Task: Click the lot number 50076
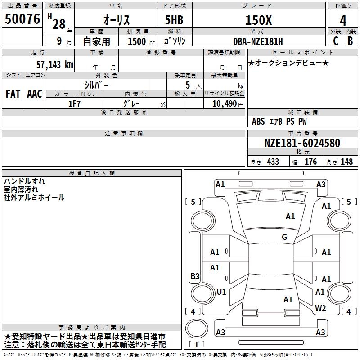(x=22, y=20)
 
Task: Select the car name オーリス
(x=116, y=20)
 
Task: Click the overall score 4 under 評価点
(x=343, y=20)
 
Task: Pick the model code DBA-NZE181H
(x=258, y=41)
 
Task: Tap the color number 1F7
(x=74, y=103)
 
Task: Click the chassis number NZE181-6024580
(x=302, y=144)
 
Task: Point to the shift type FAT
(x=13, y=94)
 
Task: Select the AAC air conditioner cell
(x=35, y=94)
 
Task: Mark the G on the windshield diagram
(x=284, y=237)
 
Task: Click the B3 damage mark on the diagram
(x=195, y=276)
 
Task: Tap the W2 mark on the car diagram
(x=320, y=308)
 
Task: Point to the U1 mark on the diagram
(x=221, y=292)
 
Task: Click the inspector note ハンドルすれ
(x=24, y=181)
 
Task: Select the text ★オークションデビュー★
(x=288, y=63)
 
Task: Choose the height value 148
(x=346, y=162)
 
